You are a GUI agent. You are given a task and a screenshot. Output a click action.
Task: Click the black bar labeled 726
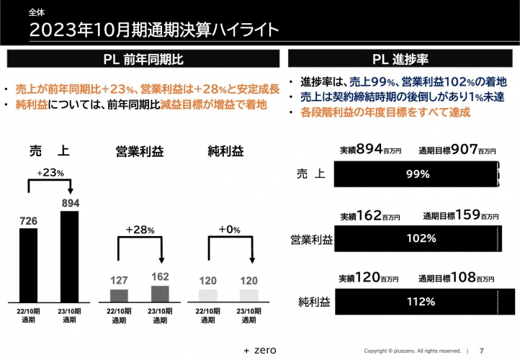coord(27,264)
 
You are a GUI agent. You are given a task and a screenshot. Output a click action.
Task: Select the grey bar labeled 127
coord(119,294)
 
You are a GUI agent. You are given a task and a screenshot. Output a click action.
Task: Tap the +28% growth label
coord(140,230)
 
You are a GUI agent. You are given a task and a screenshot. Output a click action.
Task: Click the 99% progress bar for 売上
coord(417,174)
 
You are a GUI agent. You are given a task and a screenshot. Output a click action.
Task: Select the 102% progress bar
coord(417,238)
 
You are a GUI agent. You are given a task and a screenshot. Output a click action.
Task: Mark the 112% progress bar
coord(417,302)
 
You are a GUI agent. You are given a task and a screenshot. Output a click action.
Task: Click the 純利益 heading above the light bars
coord(225,151)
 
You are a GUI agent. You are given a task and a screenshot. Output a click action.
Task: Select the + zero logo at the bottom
coord(260,350)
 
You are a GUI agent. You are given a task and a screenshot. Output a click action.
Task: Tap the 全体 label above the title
coord(35,12)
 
